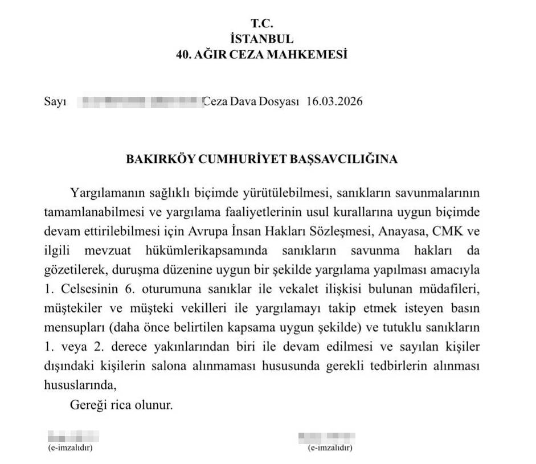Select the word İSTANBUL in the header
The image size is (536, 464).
click(262, 39)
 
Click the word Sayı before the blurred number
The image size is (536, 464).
click(55, 102)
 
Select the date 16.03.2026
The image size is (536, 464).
click(334, 102)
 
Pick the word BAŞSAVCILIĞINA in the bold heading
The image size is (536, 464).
click(347, 159)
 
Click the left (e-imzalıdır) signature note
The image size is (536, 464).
click(69, 448)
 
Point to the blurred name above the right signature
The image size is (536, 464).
click(326, 438)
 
